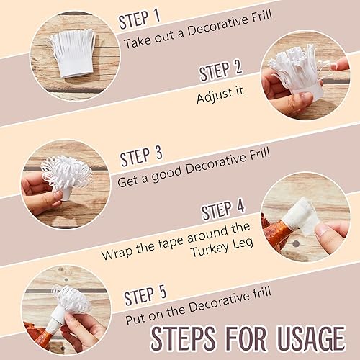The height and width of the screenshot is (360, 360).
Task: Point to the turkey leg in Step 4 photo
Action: (x=276, y=235)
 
